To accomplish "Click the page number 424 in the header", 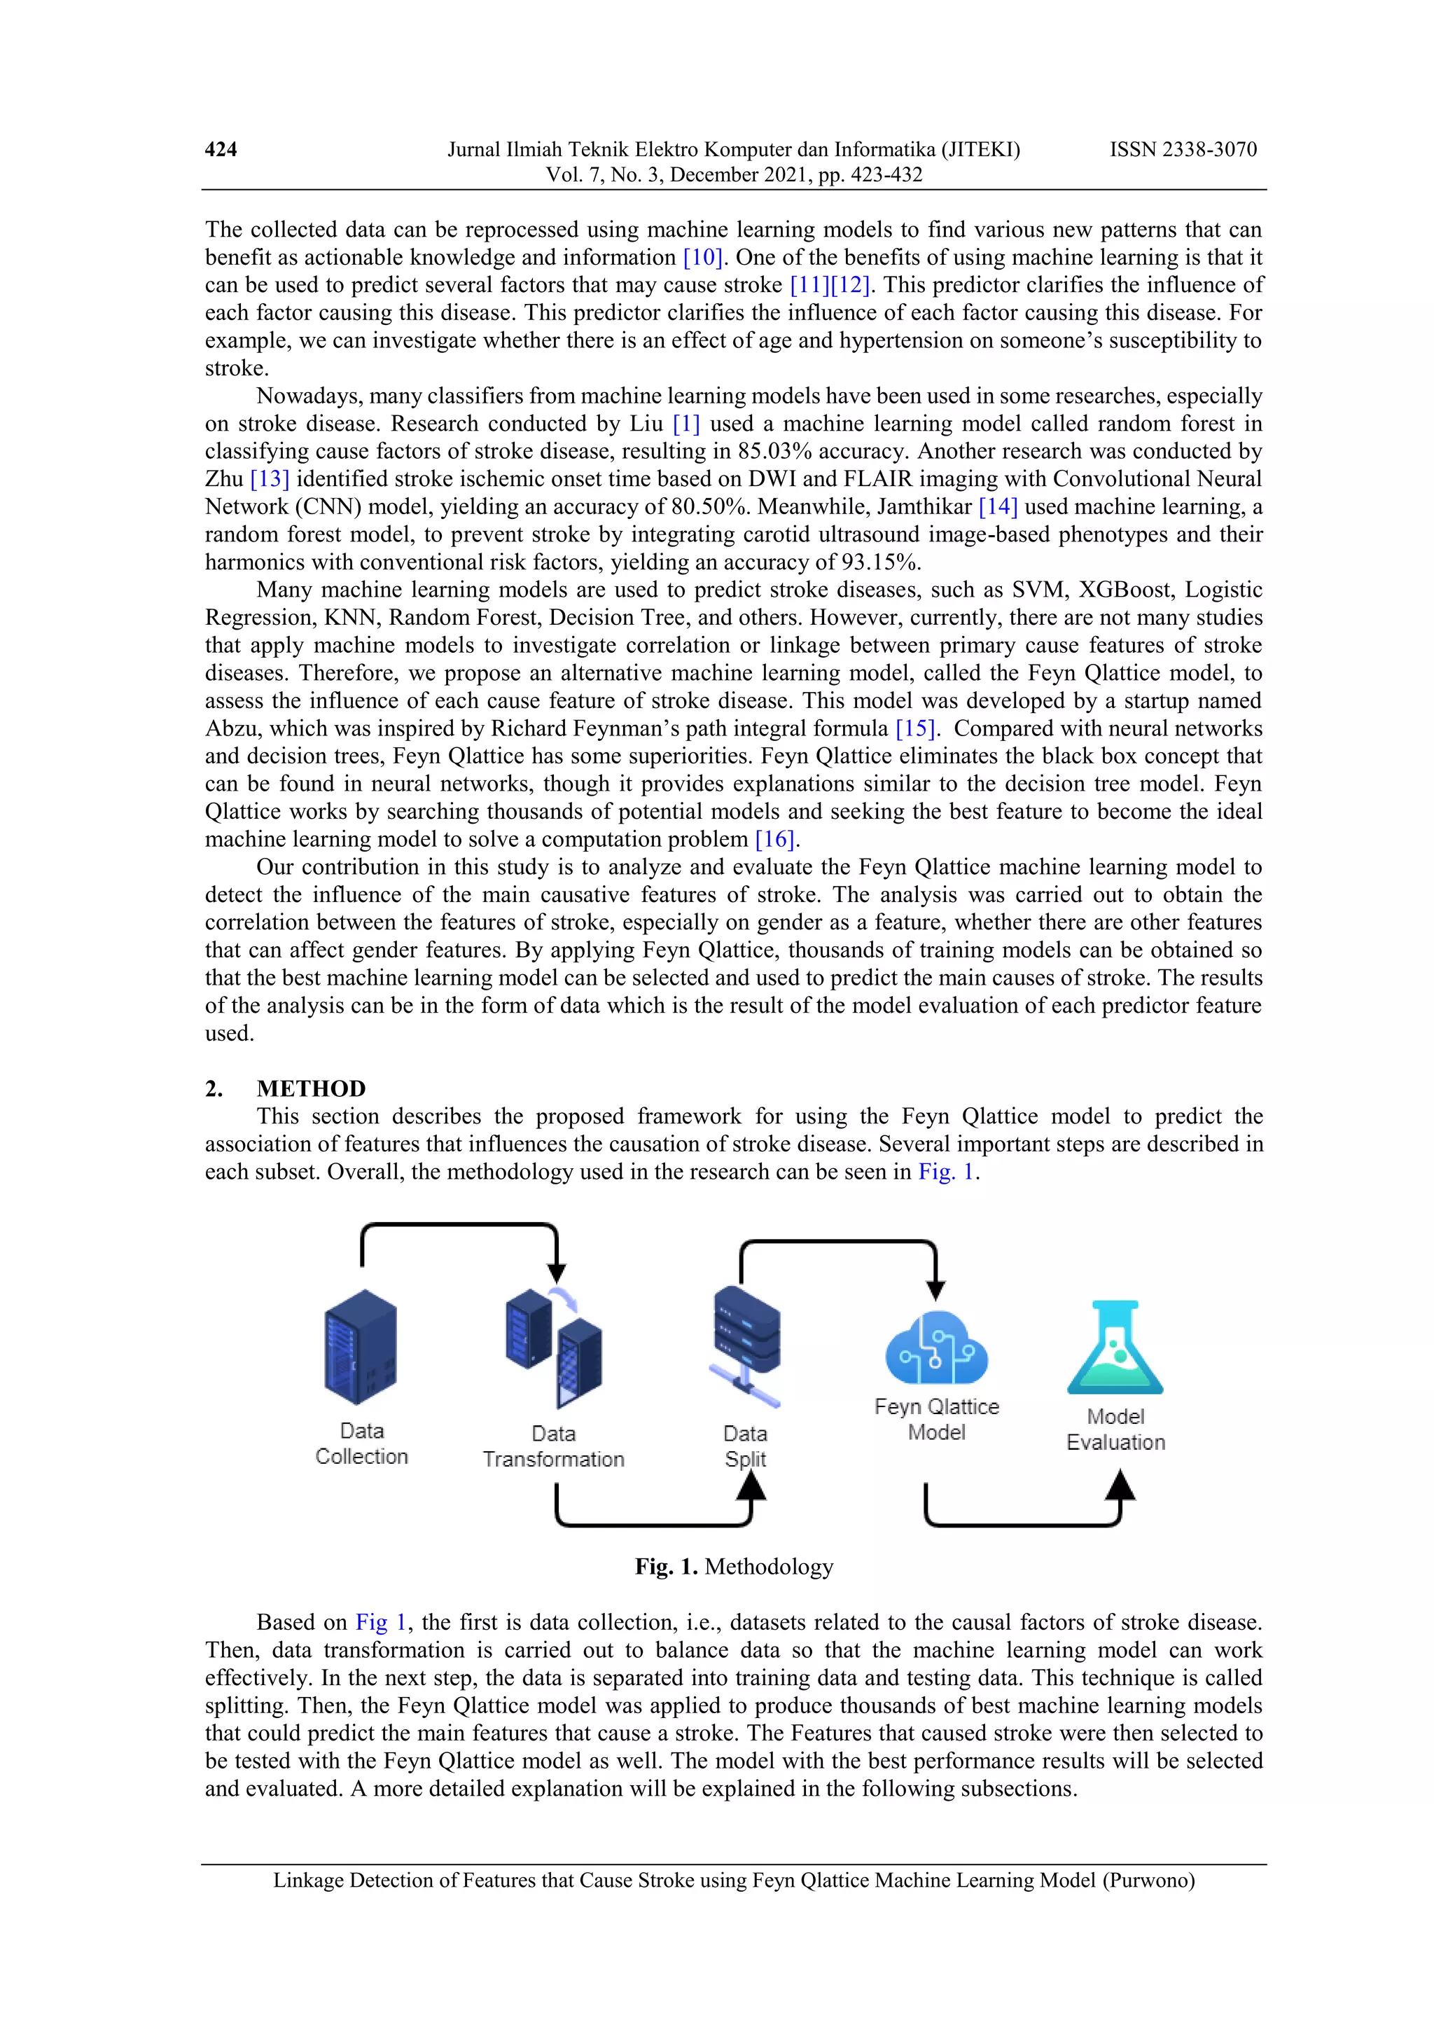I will pos(220,149).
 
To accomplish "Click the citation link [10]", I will pos(702,257).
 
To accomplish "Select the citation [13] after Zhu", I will pos(270,479).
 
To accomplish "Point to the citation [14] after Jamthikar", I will pos(998,506).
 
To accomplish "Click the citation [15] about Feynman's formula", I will pos(914,728).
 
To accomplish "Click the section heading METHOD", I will pos(311,1088).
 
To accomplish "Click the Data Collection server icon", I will pos(361,1347).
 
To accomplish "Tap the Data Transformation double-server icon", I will pos(554,1347).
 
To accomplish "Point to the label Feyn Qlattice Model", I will pos(937,1418).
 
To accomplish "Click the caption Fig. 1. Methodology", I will pos(733,1567).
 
